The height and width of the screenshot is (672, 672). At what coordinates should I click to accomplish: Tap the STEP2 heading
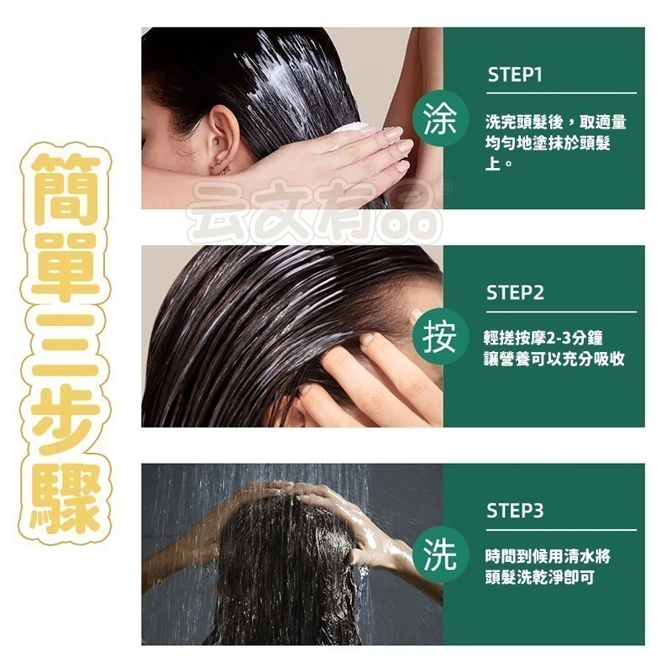515,293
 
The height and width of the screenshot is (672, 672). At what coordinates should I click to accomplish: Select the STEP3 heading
515,511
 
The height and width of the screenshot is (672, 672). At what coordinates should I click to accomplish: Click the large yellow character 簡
65,191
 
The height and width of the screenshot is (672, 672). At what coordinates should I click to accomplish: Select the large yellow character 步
65,420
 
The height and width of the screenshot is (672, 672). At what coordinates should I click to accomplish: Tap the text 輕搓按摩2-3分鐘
543,338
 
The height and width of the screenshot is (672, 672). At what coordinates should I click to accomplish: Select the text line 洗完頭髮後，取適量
555,123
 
